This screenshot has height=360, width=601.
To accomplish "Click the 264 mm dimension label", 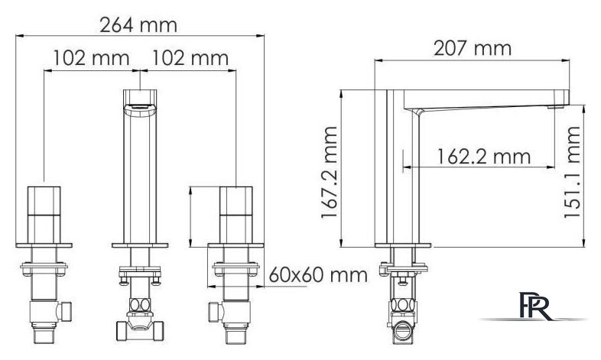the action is pyautogui.click(x=138, y=26).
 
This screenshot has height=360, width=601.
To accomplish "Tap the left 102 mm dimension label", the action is pyautogui.click(x=91, y=58).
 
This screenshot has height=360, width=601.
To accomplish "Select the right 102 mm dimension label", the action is pyautogui.click(x=190, y=58).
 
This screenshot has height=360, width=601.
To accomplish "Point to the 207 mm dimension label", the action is pyautogui.click(x=473, y=49).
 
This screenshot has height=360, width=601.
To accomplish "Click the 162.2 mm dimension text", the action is pyautogui.click(x=484, y=157).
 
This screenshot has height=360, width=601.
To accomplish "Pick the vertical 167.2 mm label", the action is pyautogui.click(x=330, y=172).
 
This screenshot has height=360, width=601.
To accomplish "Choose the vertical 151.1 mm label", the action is pyautogui.click(x=572, y=172).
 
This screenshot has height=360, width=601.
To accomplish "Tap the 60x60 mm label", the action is pyautogui.click(x=318, y=275).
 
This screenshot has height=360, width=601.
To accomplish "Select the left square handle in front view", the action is pyautogui.click(x=44, y=215).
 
